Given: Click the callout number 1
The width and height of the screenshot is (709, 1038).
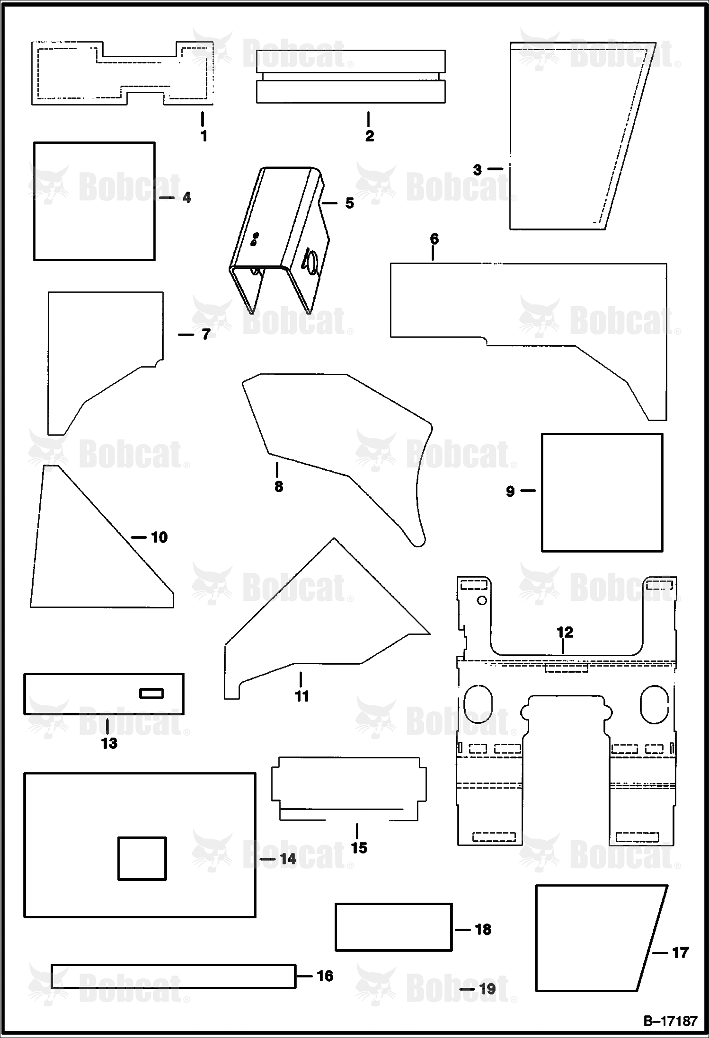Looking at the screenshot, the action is point(204,136).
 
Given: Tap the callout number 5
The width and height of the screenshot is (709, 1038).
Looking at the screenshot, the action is point(349,203).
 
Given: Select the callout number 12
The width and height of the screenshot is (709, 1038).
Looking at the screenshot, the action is point(565,632).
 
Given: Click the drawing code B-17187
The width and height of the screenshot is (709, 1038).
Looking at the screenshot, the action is point(670,1020).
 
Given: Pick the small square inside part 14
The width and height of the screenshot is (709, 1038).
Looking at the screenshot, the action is point(142,858).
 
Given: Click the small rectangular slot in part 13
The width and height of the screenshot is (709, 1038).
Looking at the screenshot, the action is point(151,693).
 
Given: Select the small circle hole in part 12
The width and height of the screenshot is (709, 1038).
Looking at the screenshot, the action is point(482,600).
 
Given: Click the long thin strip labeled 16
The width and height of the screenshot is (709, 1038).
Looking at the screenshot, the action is point(173,976).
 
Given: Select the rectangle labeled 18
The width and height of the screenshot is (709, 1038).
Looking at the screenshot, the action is point(393,927).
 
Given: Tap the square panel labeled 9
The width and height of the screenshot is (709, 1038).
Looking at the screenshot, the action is point(602,493).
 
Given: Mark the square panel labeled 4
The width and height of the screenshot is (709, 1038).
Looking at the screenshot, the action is point(94,201).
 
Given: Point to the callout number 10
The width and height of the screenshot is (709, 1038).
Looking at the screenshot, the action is point(160,537).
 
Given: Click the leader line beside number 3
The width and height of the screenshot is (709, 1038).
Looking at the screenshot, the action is point(495,168).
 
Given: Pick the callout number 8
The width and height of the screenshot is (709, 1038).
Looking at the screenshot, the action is point(278,486).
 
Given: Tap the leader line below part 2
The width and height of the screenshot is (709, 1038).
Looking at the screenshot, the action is point(369,119).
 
